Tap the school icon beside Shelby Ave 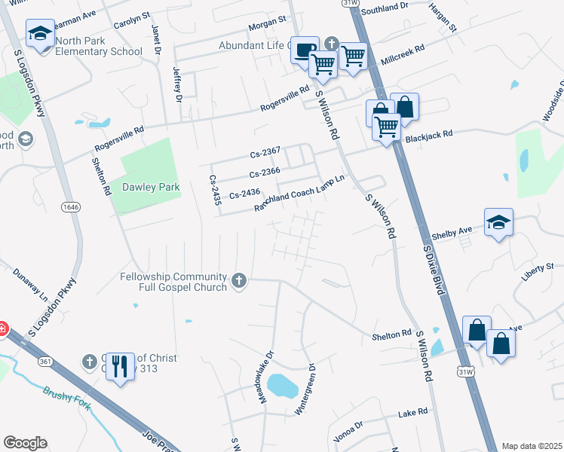coord(498,222)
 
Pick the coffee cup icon coord(304,50)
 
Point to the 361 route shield coord(45,362)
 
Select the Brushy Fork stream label coord(67,399)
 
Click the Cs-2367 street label coord(265,154)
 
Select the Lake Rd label coord(412,413)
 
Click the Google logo coord(25,443)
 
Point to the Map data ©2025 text coord(531,446)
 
